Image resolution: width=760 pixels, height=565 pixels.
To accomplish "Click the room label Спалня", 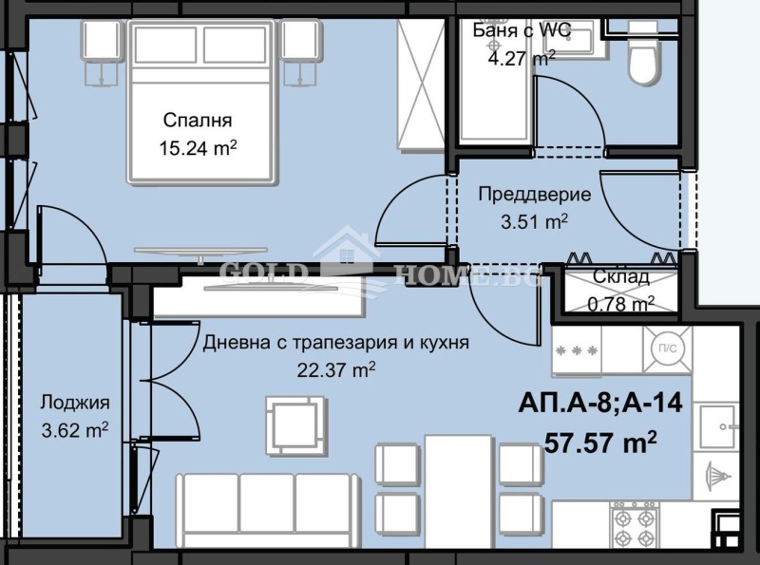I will pos(198,121).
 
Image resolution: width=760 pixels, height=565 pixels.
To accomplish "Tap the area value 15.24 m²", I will pos(199,147).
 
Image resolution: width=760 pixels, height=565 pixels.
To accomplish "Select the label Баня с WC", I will pos(522,29).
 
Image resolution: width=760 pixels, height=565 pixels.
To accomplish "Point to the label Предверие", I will pos(534,195).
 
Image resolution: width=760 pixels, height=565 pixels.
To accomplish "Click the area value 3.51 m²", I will pos(534,220).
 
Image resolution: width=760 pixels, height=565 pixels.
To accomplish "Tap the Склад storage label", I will pos(621,277).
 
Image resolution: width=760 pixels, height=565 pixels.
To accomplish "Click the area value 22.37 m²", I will pos(336,369).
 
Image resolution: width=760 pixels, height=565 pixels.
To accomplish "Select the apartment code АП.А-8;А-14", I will pos(599,403).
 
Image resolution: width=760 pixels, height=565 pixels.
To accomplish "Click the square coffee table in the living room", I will pos(284,423).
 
